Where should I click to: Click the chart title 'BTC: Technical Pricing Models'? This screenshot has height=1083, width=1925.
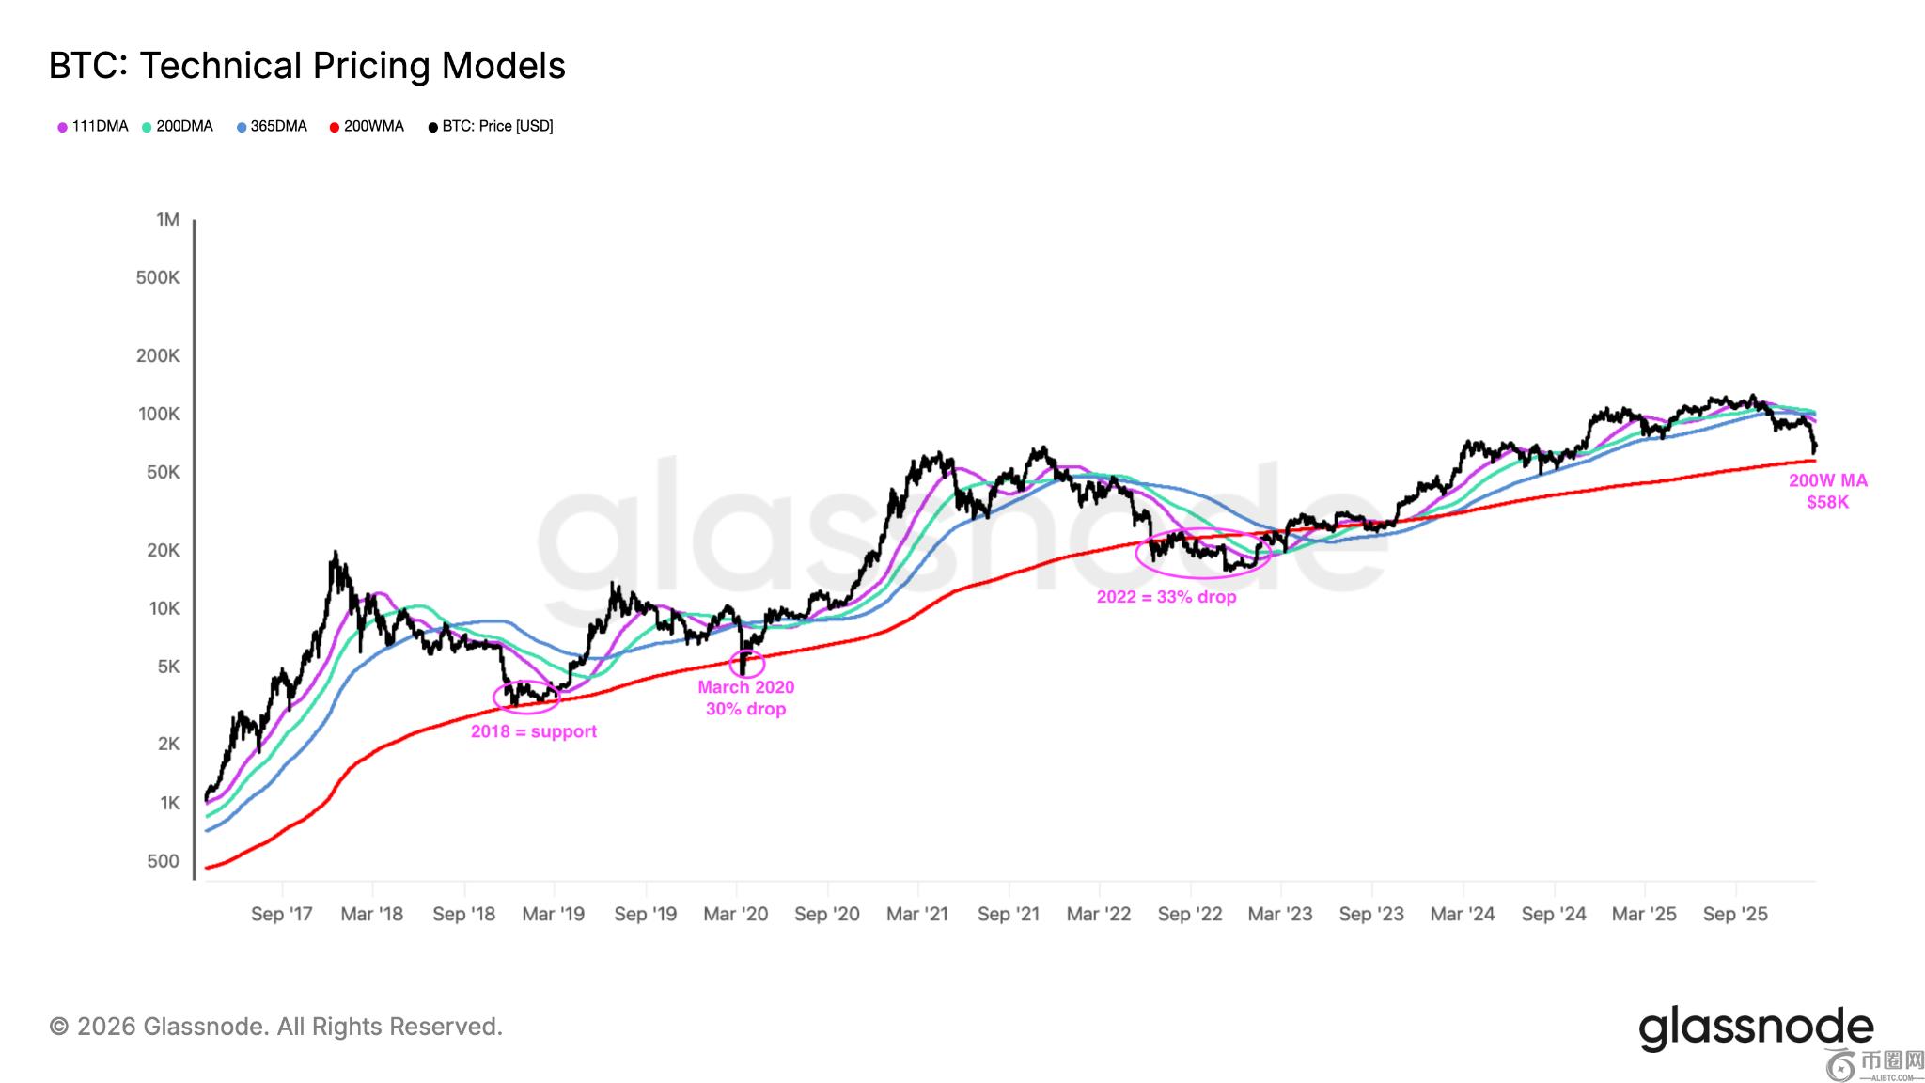pos(307,66)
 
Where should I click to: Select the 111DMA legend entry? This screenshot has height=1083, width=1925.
pos(93,126)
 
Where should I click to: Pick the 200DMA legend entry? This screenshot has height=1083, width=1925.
pos(178,126)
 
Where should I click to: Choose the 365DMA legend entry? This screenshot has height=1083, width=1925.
pos(272,126)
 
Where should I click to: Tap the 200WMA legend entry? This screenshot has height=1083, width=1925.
pos(367,126)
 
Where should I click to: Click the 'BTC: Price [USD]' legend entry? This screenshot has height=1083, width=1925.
pos(491,126)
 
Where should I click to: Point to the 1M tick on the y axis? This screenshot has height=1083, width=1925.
pos(167,219)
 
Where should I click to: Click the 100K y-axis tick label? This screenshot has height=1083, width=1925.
pos(159,414)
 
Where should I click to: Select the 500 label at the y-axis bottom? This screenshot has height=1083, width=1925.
pos(163,861)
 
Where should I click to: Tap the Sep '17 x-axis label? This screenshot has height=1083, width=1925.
pos(282,914)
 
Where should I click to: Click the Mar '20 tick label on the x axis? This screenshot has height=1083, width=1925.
pos(736,914)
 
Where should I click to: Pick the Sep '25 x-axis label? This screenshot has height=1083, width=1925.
pos(1735,914)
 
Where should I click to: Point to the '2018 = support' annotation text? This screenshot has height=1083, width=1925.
pos(534,731)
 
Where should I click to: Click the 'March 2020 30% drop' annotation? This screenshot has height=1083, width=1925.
pos(746,698)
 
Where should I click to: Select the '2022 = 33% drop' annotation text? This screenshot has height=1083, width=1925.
pos(1166,597)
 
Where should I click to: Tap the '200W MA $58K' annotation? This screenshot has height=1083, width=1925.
pos(1828,491)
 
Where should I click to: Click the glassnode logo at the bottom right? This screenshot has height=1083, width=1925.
pos(1756,1028)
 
